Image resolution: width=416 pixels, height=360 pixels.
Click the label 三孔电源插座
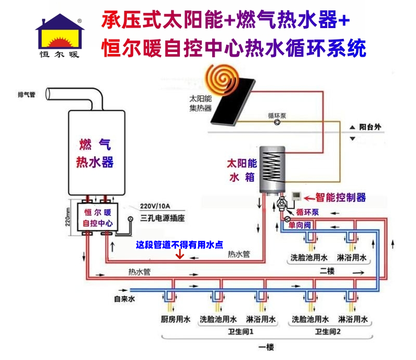[163, 218]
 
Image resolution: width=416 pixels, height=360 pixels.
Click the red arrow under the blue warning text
[180, 255]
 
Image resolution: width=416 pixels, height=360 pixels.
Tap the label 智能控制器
[341, 197]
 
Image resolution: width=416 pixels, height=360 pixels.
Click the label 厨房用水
[174, 319]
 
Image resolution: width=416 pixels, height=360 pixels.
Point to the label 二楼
[327, 271]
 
